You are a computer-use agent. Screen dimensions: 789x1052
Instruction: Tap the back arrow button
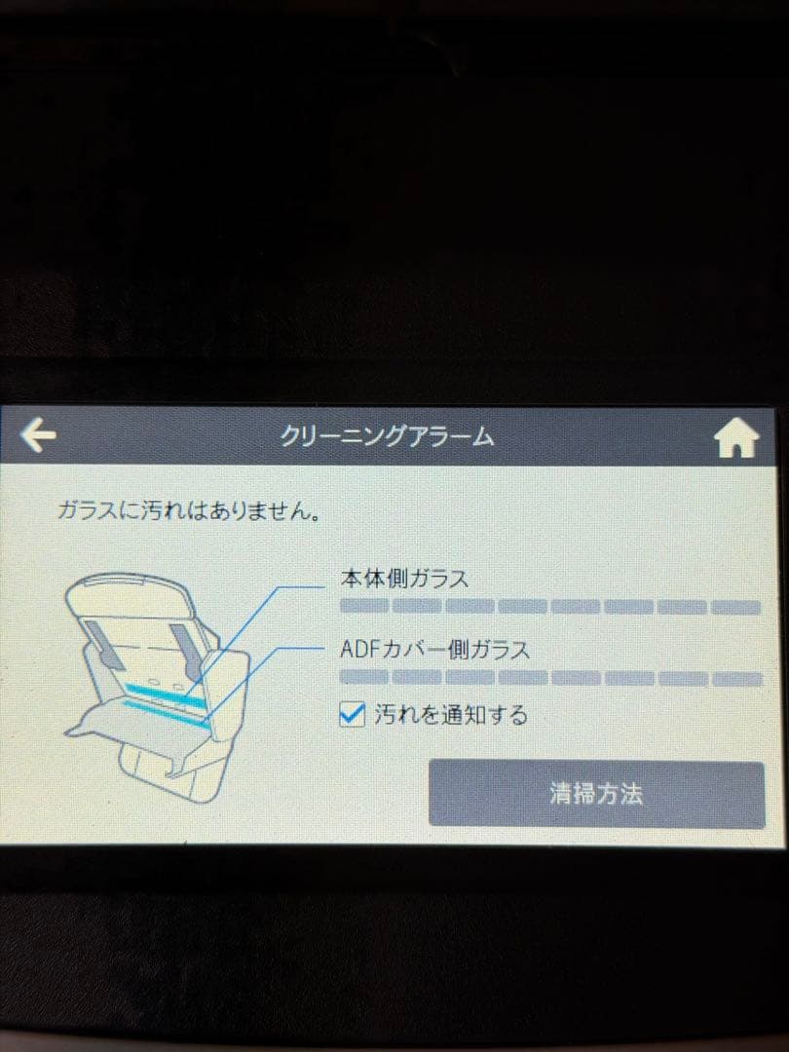coord(38,434)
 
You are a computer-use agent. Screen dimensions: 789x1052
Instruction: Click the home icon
coord(736,438)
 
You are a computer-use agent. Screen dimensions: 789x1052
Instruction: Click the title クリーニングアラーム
coord(387,436)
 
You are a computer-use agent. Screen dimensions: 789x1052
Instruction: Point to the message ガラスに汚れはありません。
coord(189,512)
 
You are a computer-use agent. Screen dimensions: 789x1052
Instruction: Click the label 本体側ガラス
coord(404,579)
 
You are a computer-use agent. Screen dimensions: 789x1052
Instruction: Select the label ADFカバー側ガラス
coord(434,650)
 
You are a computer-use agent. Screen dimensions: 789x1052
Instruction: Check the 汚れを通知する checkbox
coord(353,715)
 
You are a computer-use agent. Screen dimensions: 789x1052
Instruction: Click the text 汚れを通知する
coord(451,715)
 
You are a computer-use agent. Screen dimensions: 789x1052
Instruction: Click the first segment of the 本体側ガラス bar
coord(364,607)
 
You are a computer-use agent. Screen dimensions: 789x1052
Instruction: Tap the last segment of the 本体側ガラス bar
coord(736,608)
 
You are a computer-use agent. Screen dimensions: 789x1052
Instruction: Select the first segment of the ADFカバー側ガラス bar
coord(363,677)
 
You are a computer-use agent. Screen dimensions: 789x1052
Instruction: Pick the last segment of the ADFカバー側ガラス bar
coord(736,678)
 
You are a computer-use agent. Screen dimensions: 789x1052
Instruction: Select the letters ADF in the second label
coord(361,650)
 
